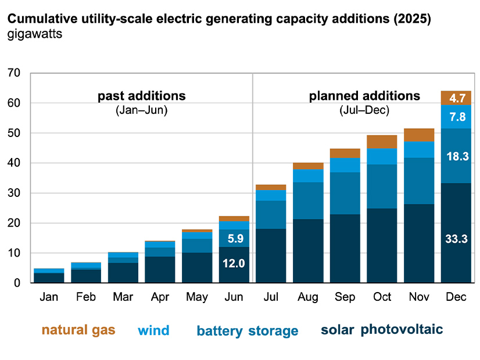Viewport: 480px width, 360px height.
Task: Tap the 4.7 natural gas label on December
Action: (x=456, y=98)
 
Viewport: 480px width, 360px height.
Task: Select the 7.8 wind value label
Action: (x=456, y=117)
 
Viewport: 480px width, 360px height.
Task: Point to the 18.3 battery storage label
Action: (x=456, y=156)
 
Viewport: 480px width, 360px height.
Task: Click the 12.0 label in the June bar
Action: (x=234, y=264)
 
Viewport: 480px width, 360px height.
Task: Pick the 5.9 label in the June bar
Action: (x=234, y=238)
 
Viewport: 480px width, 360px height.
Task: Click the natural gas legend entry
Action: (x=78, y=331)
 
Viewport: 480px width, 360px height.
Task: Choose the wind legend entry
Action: (x=153, y=331)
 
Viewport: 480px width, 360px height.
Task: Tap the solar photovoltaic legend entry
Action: (x=382, y=330)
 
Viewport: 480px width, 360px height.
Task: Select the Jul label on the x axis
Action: (x=271, y=297)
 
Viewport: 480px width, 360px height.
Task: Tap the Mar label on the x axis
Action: (x=123, y=297)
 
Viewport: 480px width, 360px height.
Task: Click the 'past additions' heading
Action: (x=141, y=96)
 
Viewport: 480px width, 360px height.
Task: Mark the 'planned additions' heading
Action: (x=364, y=96)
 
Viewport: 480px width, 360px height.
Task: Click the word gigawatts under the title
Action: (x=35, y=34)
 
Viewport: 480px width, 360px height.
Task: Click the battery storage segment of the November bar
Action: (x=419, y=181)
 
